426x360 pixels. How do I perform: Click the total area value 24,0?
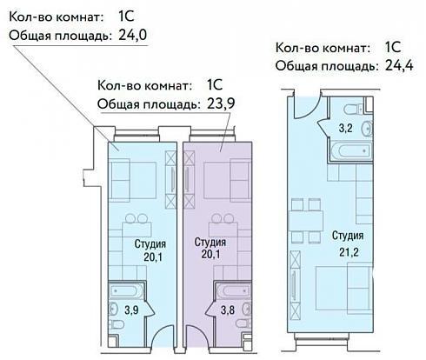[133, 35]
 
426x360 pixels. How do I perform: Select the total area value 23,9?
[221, 103]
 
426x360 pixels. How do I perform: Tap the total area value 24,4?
[399, 65]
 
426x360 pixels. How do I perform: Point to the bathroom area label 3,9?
[131, 310]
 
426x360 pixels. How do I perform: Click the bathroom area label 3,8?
[228, 310]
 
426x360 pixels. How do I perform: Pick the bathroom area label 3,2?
[346, 128]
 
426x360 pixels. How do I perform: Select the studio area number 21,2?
[349, 252]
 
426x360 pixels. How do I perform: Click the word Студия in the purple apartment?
[210, 242]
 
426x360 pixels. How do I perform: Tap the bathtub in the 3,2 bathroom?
[351, 150]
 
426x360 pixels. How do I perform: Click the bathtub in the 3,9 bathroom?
[126, 290]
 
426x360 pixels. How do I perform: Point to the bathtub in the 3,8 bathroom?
[234, 290]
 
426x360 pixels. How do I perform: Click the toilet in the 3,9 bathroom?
[116, 324]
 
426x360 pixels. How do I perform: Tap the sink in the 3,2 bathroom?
[368, 128]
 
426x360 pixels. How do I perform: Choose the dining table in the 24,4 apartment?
[306, 221]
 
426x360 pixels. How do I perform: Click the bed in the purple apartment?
[227, 180]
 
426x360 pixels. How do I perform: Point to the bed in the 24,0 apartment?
[132, 180]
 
